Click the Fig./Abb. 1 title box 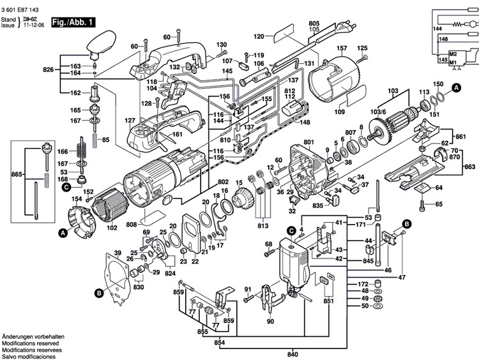(x=73, y=22)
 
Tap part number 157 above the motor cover (x=342, y=49)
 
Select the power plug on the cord (x=345, y=28)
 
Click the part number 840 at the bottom (x=293, y=354)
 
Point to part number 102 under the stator (x=112, y=227)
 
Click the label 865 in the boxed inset (x=17, y=174)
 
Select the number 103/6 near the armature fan (x=378, y=112)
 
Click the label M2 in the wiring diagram (x=453, y=54)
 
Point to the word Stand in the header (x=8, y=20)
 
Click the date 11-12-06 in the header (x=34, y=25)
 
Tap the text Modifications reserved (x=31, y=343)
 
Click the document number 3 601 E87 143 (x=20, y=10)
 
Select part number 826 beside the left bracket (x=49, y=70)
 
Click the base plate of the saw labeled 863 (x=416, y=169)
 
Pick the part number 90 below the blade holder (x=270, y=321)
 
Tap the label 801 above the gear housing (x=309, y=142)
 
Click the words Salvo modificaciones (x=29, y=357)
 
